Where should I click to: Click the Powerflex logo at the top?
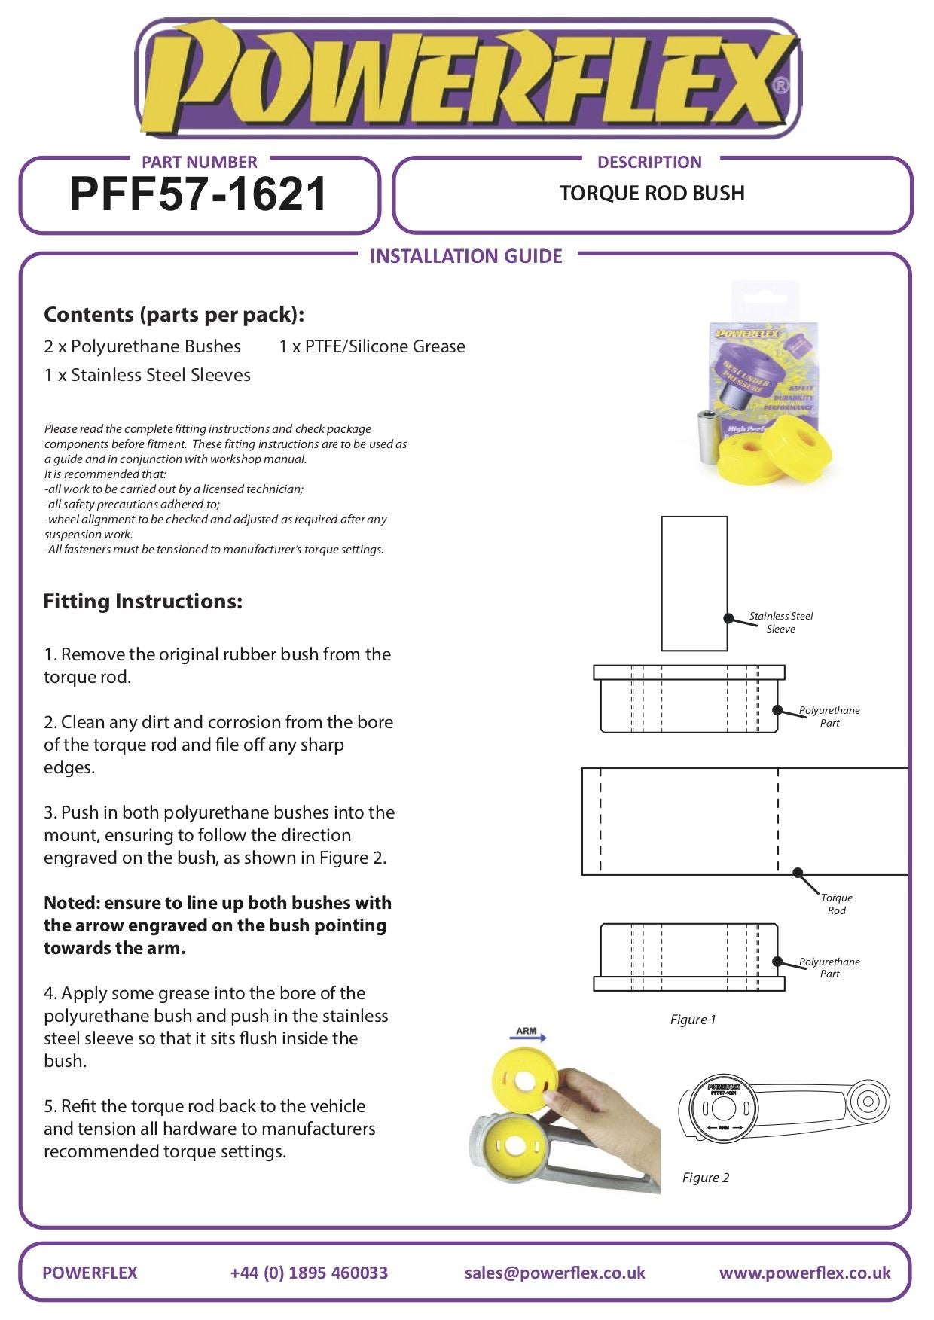467,79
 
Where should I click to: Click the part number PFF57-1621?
198,194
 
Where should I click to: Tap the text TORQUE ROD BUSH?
652,194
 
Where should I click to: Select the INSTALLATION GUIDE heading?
465,256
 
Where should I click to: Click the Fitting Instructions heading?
143,602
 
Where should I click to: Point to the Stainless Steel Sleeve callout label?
781,622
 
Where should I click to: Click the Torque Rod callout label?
836,904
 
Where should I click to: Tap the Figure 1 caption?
693,1020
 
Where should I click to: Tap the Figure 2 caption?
706,1178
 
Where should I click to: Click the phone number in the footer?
309,1273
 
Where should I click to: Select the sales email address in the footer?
554,1273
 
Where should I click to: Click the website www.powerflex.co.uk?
804,1273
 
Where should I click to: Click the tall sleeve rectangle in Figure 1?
694,583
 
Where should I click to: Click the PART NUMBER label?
199,162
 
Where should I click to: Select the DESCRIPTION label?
649,162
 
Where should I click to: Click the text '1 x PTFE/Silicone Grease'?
372,346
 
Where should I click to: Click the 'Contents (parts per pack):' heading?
174,315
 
